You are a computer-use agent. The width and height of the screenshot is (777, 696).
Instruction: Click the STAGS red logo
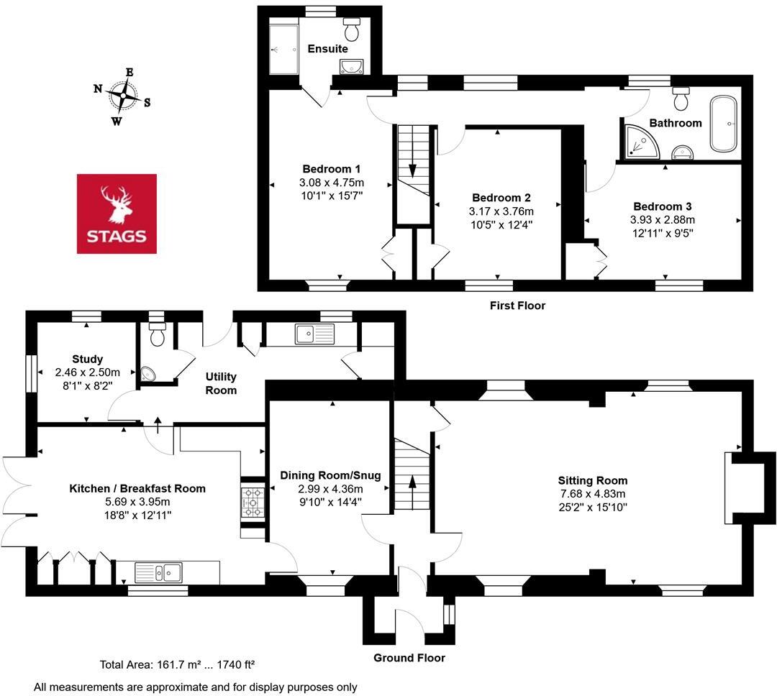click(117, 214)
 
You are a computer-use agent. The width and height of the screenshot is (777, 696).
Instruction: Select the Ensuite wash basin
click(352, 67)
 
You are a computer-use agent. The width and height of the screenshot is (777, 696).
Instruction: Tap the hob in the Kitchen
click(253, 501)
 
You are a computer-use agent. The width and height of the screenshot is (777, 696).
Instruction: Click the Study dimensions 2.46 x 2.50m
click(87, 372)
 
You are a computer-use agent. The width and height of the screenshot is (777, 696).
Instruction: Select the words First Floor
click(517, 306)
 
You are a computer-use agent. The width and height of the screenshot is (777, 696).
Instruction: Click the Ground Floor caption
click(409, 658)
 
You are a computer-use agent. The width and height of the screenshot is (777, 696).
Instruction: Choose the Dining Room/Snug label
click(330, 475)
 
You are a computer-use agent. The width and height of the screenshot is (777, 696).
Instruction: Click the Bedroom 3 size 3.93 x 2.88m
click(663, 219)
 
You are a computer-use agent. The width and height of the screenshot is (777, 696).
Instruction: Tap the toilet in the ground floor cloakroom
click(156, 334)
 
